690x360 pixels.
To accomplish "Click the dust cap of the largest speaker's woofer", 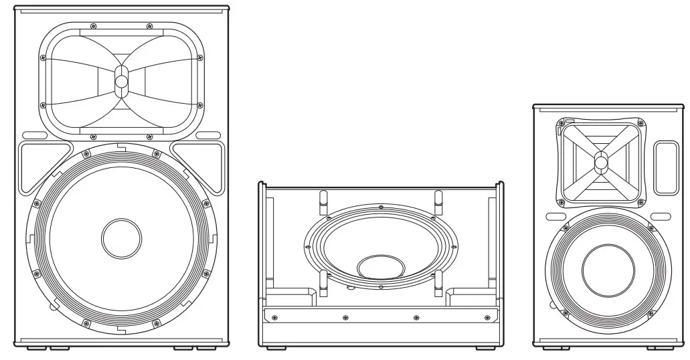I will pyautogui.click(x=121, y=237).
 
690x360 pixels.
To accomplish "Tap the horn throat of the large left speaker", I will pyautogui.click(x=121, y=82).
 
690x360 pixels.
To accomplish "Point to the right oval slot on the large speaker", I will pyautogui.click(x=208, y=135).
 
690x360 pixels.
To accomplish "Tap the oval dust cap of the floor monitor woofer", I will pyautogui.click(x=381, y=266).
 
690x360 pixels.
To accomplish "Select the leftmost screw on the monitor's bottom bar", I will pyautogui.click(x=274, y=317).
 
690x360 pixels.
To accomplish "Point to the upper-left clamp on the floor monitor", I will pyautogui.click(x=321, y=198).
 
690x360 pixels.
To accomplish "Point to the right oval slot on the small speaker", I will pyautogui.click(x=661, y=216).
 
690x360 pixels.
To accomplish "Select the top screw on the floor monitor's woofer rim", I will pyautogui.click(x=381, y=207).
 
